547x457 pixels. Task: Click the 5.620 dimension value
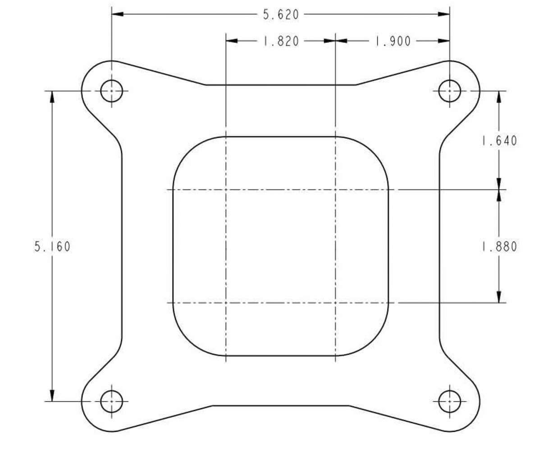(x=281, y=15)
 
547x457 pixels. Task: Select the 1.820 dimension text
(x=281, y=41)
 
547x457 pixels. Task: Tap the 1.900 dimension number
(x=393, y=41)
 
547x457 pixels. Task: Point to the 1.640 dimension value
(x=499, y=141)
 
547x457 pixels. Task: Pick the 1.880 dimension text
(x=499, y=247)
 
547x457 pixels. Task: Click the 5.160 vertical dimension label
(x=52, y=247)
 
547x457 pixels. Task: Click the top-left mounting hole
(x=112, y=91)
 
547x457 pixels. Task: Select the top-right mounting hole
(x=450, y=91)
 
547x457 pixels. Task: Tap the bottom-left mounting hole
(x=112, y=401)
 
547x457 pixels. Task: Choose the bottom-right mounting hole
(x=450, y=401)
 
